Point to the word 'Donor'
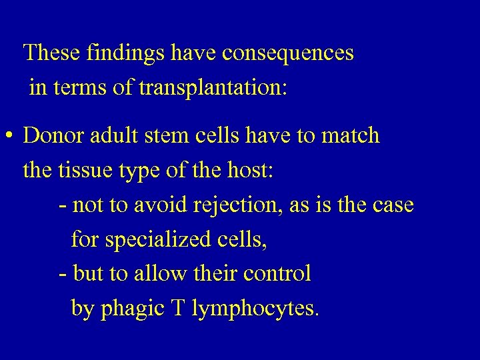pyautogui.click(x=51, y=136)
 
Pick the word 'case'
pyautogui.click(x=391, y=205)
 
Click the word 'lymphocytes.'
pyautogui.click(x=257, y=309)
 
